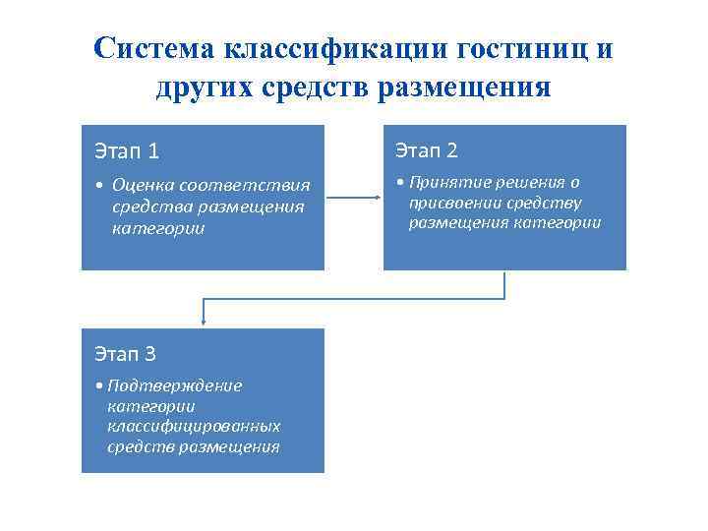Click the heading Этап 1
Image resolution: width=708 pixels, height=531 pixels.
[127, 151]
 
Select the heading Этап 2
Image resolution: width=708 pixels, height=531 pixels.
[427, 150]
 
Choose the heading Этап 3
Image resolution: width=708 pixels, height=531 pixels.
[125, 354]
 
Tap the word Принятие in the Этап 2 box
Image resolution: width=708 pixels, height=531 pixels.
[442, 182]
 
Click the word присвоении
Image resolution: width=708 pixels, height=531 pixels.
[454, 203]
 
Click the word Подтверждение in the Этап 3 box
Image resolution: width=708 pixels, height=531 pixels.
[175, 385]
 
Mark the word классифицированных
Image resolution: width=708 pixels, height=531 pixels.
[194, 426]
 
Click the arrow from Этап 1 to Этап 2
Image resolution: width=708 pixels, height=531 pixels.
[353, 198]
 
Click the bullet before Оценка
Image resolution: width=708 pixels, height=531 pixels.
[100, 185]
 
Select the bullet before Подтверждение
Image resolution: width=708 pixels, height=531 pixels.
[100, 385]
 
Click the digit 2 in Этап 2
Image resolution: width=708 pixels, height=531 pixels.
[451, 150]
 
